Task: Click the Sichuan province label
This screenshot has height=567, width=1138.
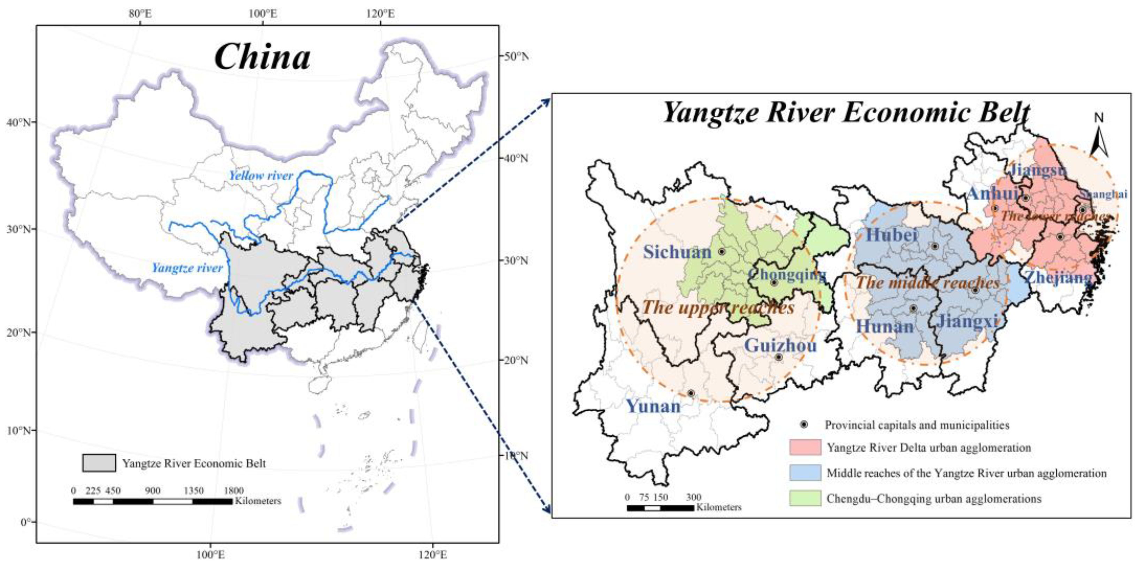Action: coord(677,252)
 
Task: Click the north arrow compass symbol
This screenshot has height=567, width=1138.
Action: coord(1099,137)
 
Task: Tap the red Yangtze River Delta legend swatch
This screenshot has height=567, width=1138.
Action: coord(805,447)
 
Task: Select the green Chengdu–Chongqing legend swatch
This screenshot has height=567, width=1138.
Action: coord(805,498)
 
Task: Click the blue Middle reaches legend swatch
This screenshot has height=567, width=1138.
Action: coord(805,473)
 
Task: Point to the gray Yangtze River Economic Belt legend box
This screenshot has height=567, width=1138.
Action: coord(99,463)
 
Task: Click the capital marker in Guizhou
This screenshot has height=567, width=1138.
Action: coord(778,357)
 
